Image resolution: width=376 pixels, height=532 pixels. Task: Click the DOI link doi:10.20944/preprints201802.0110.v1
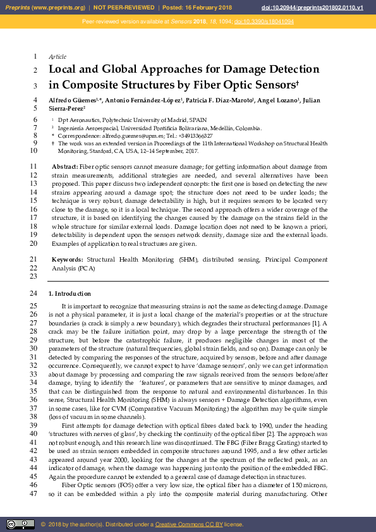pyautogui.click(x=321, y=7)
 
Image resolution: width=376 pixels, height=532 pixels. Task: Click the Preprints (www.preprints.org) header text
pyautogui.click(x=45, y=7)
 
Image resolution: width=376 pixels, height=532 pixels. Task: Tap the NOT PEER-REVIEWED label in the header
pyautogui.click(x=124, y=7)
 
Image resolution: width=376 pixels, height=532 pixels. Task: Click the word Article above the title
pyautogui.click(x=58, y=57)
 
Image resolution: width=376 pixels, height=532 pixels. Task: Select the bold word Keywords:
pyautogui.click(x=67, y=260)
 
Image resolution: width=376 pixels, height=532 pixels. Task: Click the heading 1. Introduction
pyautogui.click(x=70, y=294)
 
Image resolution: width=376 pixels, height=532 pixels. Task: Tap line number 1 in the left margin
pyautogui.click(x=34, y=57)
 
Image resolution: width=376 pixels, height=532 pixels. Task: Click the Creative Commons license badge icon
pyautogui.click(x=20, y=524)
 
